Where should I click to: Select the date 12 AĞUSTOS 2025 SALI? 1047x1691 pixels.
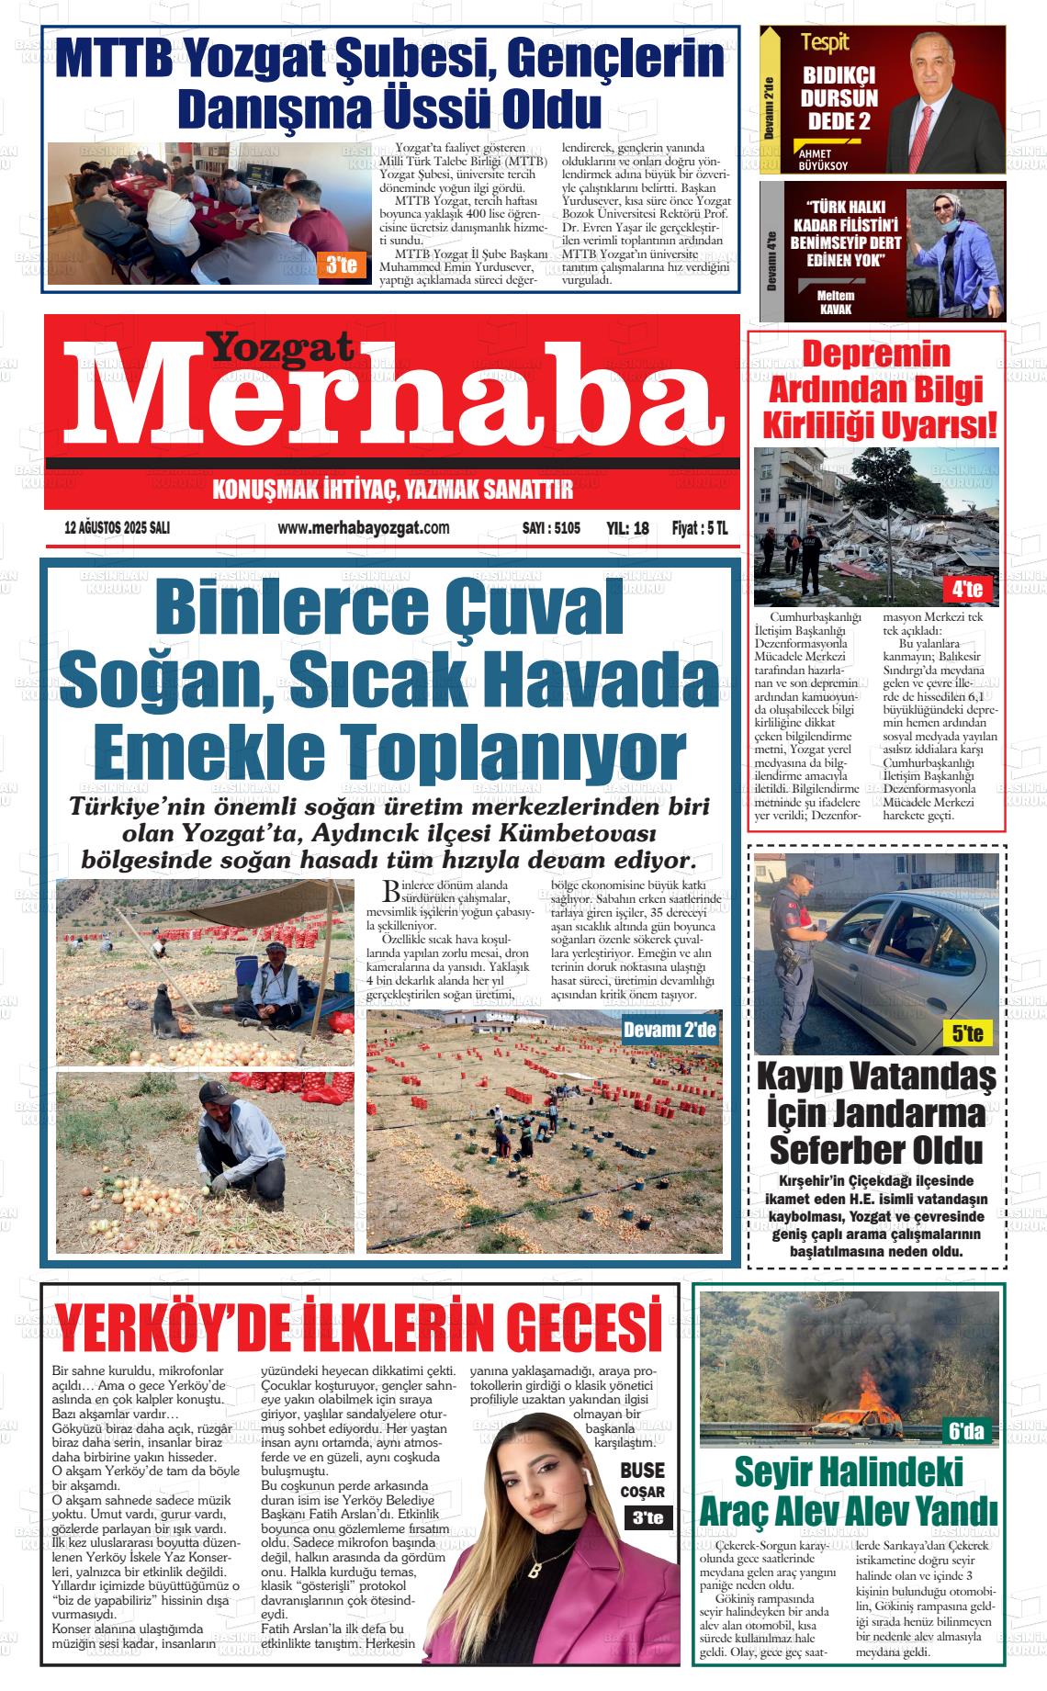point(118,529)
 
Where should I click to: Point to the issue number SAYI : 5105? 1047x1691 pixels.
point(551,529)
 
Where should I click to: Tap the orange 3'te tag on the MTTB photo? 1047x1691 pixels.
point(341,266)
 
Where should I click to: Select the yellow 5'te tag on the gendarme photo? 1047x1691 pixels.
point(967,1034)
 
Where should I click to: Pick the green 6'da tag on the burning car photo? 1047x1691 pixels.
point(966,1430)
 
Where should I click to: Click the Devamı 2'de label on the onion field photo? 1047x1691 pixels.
point(670,1030)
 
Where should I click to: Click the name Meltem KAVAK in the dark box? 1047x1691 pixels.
point(836,302)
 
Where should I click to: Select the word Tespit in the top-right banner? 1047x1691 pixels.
point(824,41)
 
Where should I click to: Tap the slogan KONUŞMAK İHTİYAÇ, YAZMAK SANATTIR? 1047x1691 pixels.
point(392,490)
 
